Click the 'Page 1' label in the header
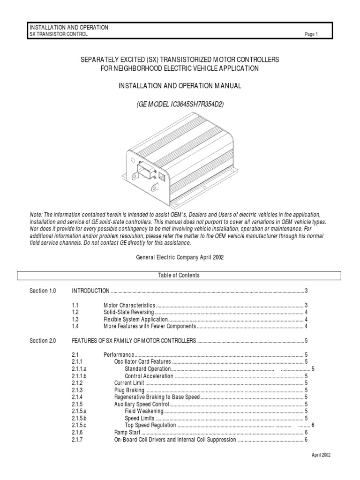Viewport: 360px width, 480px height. (x=311, y=34)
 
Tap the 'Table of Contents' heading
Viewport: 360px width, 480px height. (x=179, y=276)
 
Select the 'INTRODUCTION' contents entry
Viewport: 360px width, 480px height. (x=90, y=291)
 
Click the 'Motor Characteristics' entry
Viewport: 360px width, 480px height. (x=129, y=305)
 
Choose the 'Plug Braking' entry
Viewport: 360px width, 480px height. (x=129, y=390)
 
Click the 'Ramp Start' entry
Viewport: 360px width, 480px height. (x=127, y=432)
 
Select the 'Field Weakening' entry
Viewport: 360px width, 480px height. (x=144, y=411)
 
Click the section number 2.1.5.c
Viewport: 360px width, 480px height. (x=80, y=425)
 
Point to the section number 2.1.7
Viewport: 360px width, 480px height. (x=77, y=439)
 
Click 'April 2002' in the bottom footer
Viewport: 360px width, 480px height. (x=321, y=455)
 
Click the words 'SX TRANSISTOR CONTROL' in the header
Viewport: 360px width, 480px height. (x=58, y=34)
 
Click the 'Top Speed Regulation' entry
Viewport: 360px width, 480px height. (x=150, y=425)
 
